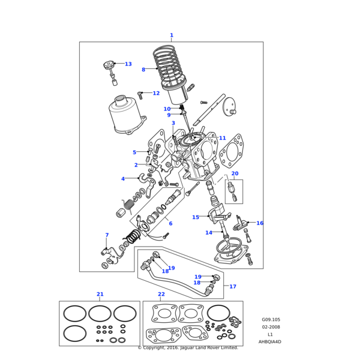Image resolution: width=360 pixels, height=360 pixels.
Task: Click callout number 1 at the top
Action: (171, 35)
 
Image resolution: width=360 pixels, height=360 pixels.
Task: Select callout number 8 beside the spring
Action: (143, 70)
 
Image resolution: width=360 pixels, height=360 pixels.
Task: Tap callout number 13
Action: (128, 64)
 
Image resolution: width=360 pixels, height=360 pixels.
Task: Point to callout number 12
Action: (156, 93)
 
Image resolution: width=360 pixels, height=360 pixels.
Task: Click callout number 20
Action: (235, 173)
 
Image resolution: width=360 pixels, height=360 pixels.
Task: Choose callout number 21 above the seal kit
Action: (100, 294)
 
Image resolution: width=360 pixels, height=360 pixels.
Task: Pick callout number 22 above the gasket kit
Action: (161, 294)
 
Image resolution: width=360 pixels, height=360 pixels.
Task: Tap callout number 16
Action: (260, 223)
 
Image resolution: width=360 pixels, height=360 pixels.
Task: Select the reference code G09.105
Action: (271, 320)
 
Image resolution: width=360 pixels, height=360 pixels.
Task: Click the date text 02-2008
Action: (271, 327)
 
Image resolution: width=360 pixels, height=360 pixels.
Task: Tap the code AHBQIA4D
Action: (270, 341)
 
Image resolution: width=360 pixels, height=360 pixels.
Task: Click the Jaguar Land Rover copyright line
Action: (188, 347)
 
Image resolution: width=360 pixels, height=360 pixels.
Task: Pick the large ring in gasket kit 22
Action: (218, 313)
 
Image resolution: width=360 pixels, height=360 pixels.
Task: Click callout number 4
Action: (123, 179)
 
